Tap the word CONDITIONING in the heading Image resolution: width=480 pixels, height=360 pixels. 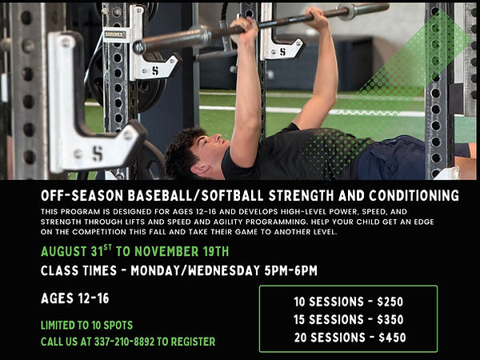point(414,196)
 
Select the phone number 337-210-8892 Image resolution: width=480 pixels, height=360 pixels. point(124,342)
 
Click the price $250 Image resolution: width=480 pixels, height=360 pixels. point(390,302)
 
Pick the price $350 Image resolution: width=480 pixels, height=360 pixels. point(390,319)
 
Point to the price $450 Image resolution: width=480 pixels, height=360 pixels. point(392,338)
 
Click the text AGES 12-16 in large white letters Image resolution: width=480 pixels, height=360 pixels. point(75,298)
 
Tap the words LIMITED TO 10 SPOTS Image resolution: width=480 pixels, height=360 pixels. point(87,325)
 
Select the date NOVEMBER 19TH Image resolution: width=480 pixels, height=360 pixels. point(182,252)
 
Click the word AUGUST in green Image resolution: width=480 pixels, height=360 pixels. point(64,252)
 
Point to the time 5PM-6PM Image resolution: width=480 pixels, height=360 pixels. point(291,270)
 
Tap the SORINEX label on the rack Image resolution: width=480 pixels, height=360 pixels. point(114,34)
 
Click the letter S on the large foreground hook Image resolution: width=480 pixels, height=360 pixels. point(98,154)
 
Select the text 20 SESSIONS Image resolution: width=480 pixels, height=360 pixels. point(330,338)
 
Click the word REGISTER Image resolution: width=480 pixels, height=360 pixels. point(193,342)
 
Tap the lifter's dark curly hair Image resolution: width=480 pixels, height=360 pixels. point(184,150)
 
